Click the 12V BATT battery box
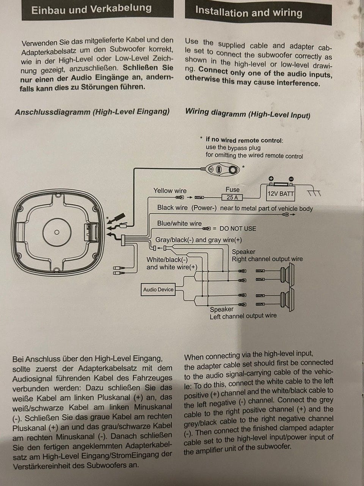[281, 193]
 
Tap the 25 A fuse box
[232, 197]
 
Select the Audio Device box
[158, 289]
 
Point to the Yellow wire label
[170, 191]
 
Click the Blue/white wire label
[179, 223]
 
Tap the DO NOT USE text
[238, 229]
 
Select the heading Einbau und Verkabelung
[91, 9]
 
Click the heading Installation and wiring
[249, 12]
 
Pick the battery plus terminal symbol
[271, 178]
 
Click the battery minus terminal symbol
[291, 179]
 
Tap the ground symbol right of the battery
[314, 193]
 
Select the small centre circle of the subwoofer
[56, 232]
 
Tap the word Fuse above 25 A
[232, 189]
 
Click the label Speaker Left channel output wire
[243, 312]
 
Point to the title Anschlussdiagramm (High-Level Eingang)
[92, 112]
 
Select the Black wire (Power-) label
[187, 208]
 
